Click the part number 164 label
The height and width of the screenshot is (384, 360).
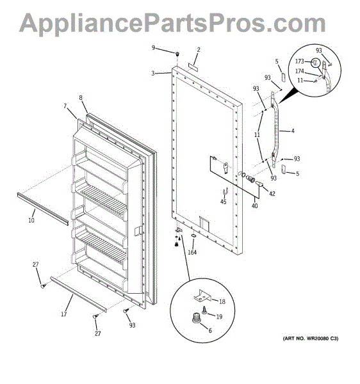coord(192,252)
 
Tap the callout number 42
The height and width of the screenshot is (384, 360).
coord(272,193)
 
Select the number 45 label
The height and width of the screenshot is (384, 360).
coord(224,202)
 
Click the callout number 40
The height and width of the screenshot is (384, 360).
coord(254,205)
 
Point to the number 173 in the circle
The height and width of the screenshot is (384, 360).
coord(300,61)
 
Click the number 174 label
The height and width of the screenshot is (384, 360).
coord(300,71)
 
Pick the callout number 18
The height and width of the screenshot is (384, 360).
coord(222,301)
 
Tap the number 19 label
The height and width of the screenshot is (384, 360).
coord(219,317)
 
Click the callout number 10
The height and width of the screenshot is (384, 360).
coord(31,220)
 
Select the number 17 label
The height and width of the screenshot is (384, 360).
coord(63,314)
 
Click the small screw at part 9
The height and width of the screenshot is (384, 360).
coord(177,54)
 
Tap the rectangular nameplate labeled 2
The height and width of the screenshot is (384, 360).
coord(193,67)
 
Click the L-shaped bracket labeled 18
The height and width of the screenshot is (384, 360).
coord(201,296)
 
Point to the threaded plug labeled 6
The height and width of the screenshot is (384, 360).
coord(195,317)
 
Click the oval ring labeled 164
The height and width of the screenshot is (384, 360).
coord(193,236)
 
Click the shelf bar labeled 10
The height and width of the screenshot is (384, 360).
coord(43,209)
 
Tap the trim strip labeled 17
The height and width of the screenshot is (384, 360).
coord(79,294)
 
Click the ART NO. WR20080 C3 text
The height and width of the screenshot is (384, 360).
coord(311,339)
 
